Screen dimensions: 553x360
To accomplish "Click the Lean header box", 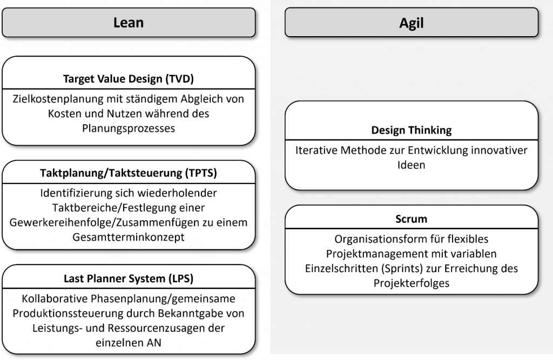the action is pos(129,23).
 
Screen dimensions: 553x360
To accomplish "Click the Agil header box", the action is pos(412,23).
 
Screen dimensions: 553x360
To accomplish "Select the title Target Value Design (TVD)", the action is pos(129,79).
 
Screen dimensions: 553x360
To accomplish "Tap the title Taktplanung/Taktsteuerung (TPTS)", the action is pos(129,173).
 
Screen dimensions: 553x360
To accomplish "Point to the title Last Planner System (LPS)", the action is pos(129,279).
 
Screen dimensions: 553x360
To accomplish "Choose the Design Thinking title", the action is pos(412,130).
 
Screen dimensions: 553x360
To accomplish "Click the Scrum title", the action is pos(412,219).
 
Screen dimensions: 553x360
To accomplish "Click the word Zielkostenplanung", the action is pos(58,99).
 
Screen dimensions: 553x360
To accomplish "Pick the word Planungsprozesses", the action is pos(129,128).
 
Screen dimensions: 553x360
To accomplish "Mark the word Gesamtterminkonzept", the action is pos(129,237).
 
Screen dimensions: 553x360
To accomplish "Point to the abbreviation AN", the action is pos(154,343).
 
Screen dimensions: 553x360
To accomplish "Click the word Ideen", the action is pos(412,165).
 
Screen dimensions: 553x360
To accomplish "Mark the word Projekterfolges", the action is pos(412,283).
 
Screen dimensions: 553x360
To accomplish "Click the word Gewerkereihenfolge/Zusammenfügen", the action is pos(97,222).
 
